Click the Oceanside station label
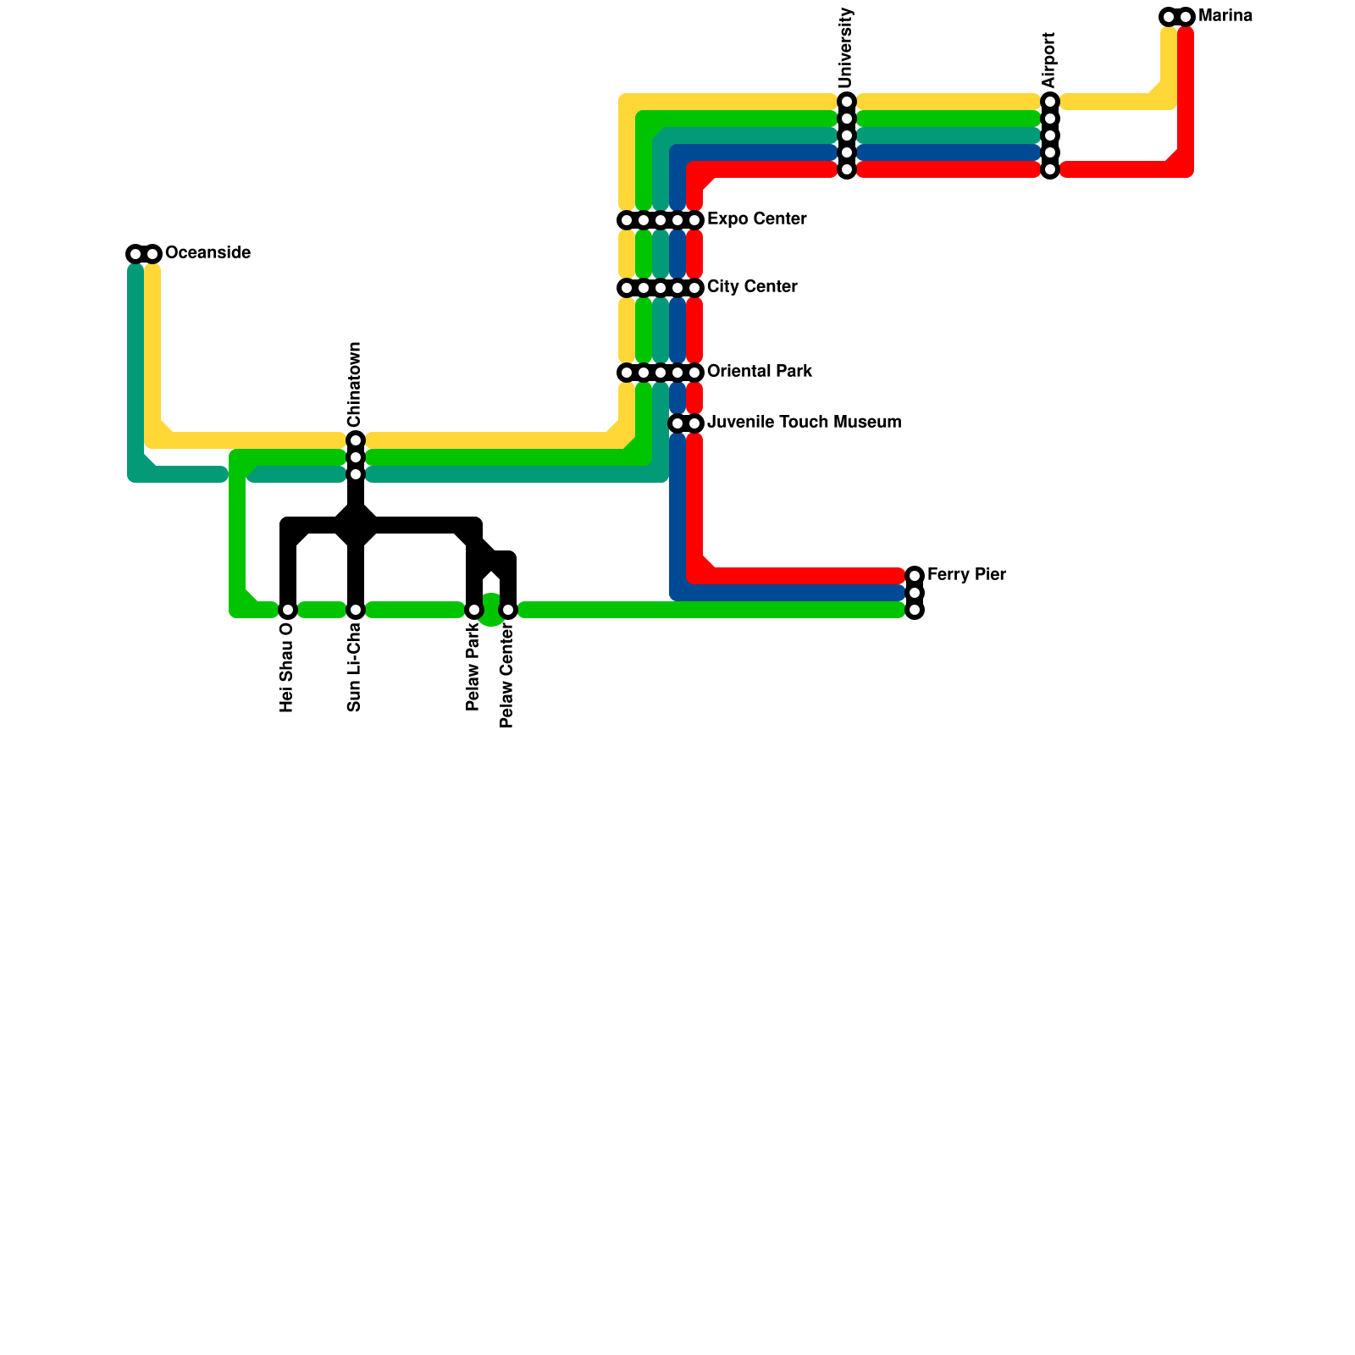click(207, 253)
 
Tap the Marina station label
click(1225, 16)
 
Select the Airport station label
click(1050, 60)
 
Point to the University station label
click(847, 48)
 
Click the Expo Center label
click(756, 219)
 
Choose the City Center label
click(752, 287)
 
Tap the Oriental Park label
click(760, 372)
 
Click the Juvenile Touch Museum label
click(804, 423)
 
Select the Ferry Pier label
click(966, 575)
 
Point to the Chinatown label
click(356, 384)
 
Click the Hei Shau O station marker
click(288, 610)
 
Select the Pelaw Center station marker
click(508, 610)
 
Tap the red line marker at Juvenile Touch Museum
click(694, 423)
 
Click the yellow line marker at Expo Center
click(627, 220)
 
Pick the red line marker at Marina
click(1186, 17)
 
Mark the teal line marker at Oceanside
click(135, 254)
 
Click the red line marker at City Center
click(694, 288)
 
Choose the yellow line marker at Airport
click(1050, 102)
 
